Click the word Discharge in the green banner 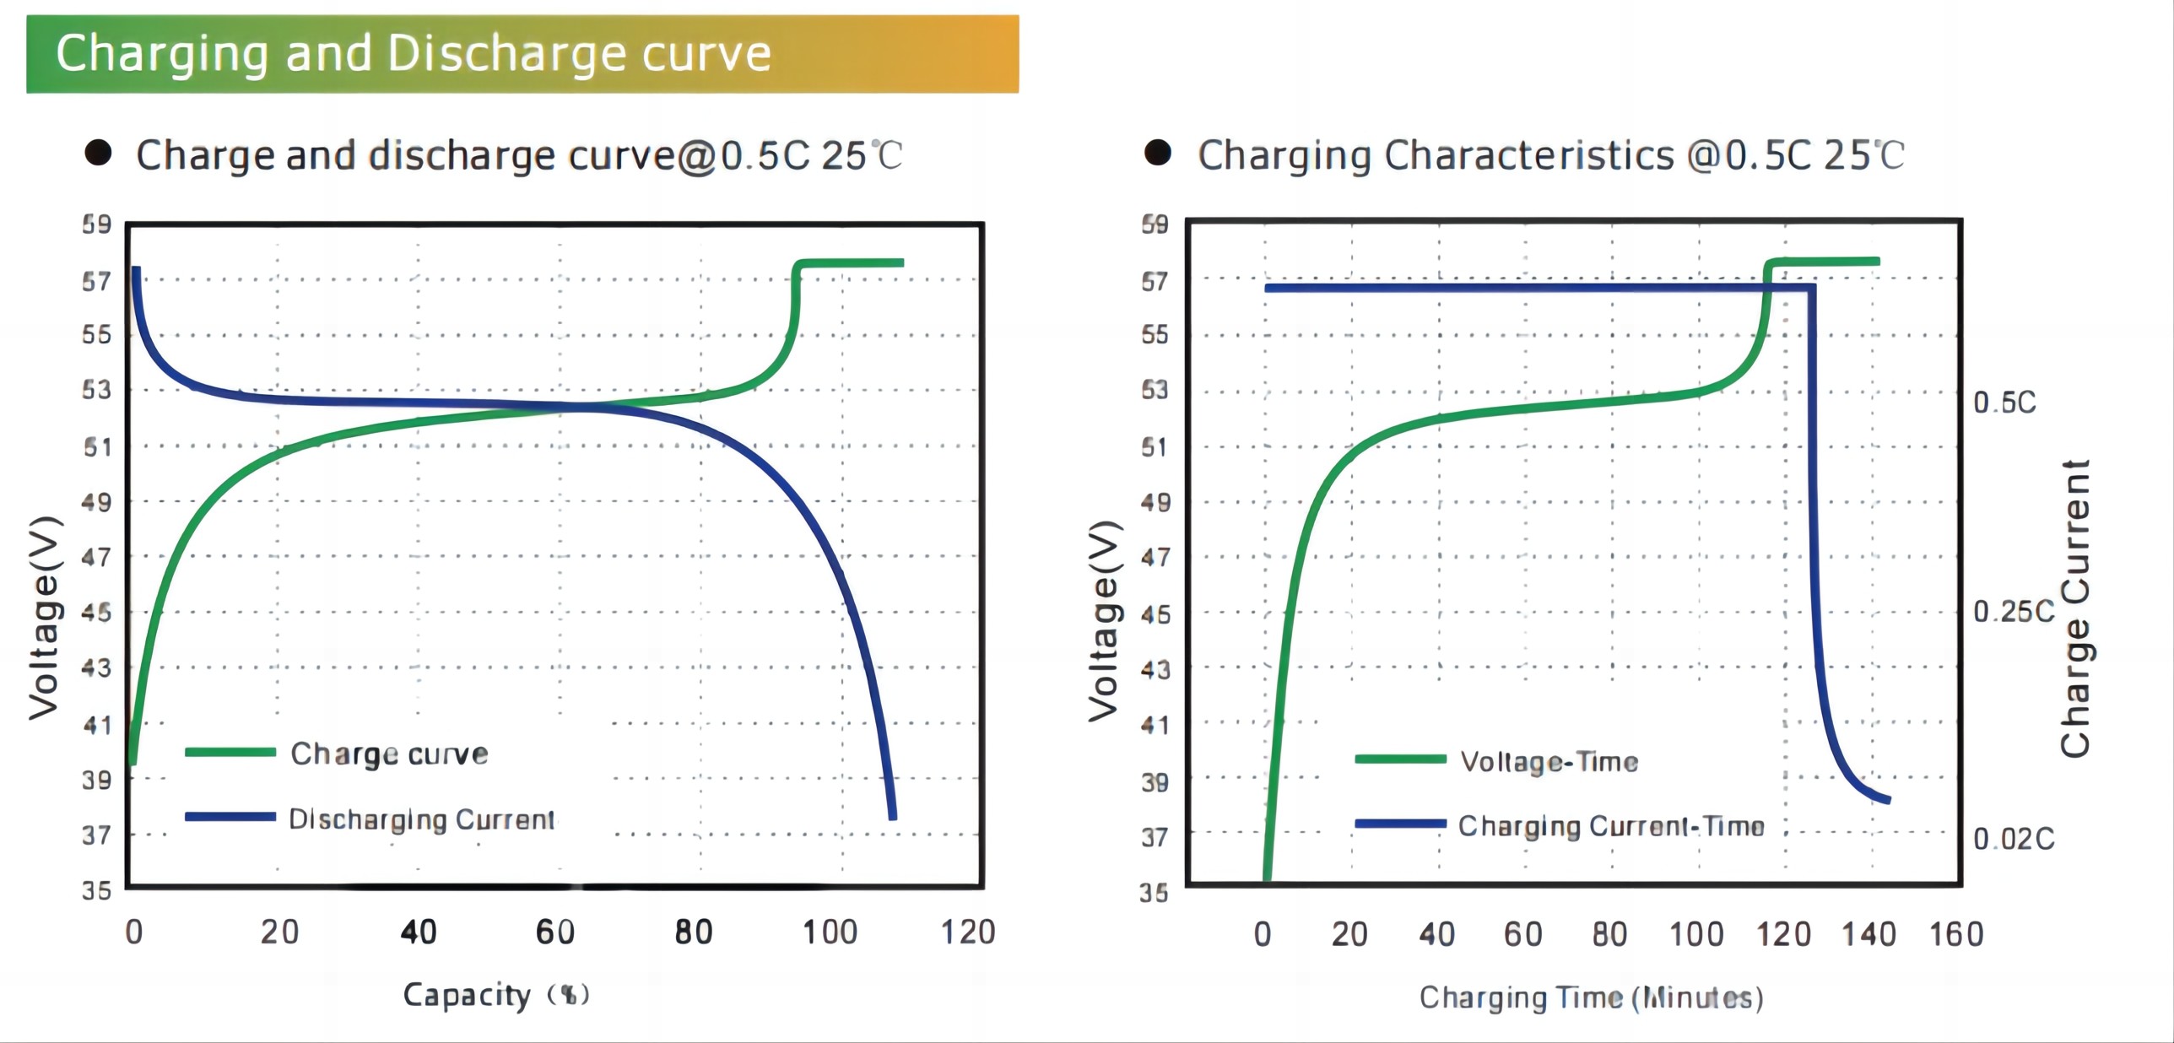[505, 54]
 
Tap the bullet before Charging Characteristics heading [1158, 153]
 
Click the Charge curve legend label [389, 754]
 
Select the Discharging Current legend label [421, 819]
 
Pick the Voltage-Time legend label [1549, 762]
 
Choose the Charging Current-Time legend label [1611, 826]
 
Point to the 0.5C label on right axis [2004, 403]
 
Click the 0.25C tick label [2013, 612]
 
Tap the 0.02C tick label [2013, 839]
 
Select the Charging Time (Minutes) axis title [1591, 998]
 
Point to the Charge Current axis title [2075, 608]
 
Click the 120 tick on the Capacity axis [968, 932]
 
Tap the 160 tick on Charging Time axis [1956, 935]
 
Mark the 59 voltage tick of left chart [97, 224]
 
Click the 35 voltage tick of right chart [1155, 892]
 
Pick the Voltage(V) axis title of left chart [44, 618]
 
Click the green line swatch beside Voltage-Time [1400, 759]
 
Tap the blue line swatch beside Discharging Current [230, 816]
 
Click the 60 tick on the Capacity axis [555, 932]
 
